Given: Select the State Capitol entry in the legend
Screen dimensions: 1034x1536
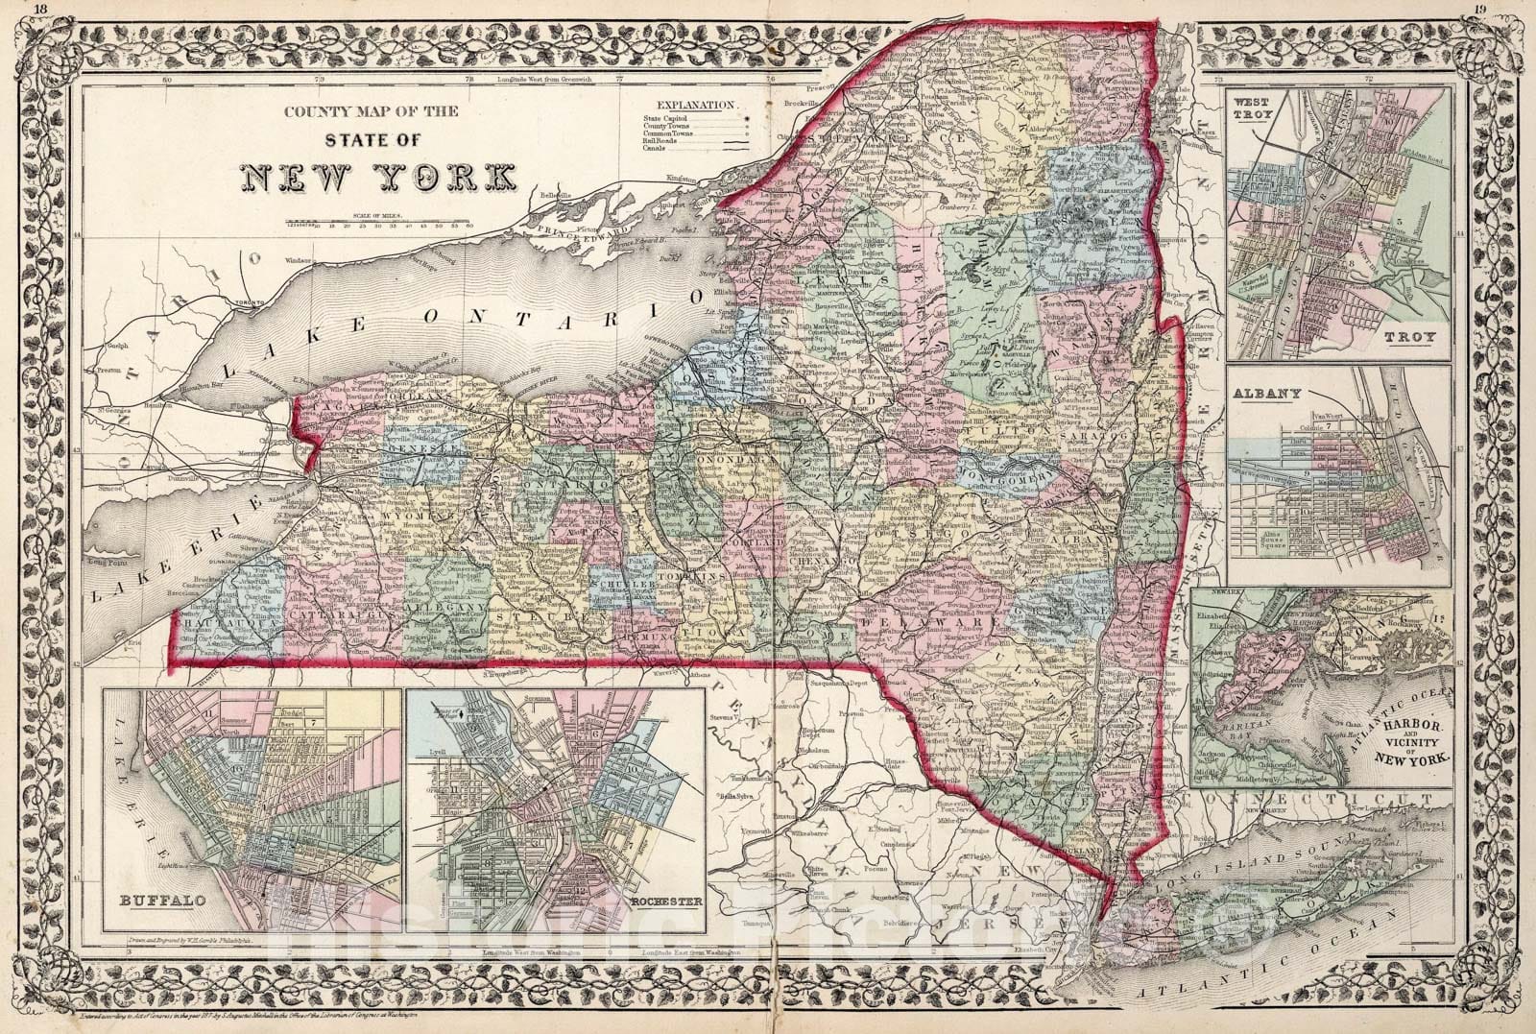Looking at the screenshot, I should coord(672,116).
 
